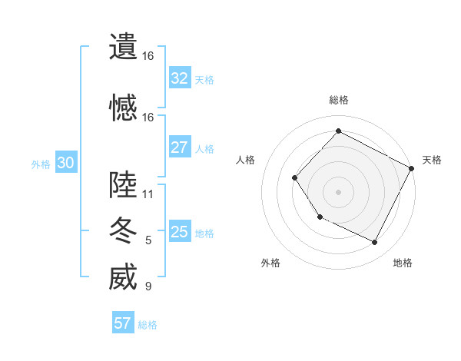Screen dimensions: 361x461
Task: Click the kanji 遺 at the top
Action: [123, 47]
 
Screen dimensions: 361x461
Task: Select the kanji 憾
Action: [123, 108]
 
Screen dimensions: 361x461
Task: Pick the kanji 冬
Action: [123, 230]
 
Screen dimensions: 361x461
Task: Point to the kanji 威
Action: [123, 277]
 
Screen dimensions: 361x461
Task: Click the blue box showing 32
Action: [180, 78]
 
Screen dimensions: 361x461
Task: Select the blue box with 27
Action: [180, 147]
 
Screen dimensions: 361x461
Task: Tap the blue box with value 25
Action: [180, 232]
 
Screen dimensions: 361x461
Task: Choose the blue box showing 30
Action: [65, 163]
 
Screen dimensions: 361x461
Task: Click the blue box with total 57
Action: [123, 323]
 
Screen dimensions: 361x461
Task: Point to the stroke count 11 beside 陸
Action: [148, 194]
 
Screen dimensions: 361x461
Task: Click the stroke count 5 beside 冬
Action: [148, 240]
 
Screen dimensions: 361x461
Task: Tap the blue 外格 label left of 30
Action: [41, 164]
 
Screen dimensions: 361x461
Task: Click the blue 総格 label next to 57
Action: [148, 325]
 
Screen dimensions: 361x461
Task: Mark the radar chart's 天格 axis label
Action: [432, 160]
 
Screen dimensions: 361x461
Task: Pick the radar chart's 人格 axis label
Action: [245, 160]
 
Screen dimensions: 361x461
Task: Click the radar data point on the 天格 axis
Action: [412, 168]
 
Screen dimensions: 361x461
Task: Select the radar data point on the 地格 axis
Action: [375, 243]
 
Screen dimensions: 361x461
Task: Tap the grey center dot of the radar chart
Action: [338, 192]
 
